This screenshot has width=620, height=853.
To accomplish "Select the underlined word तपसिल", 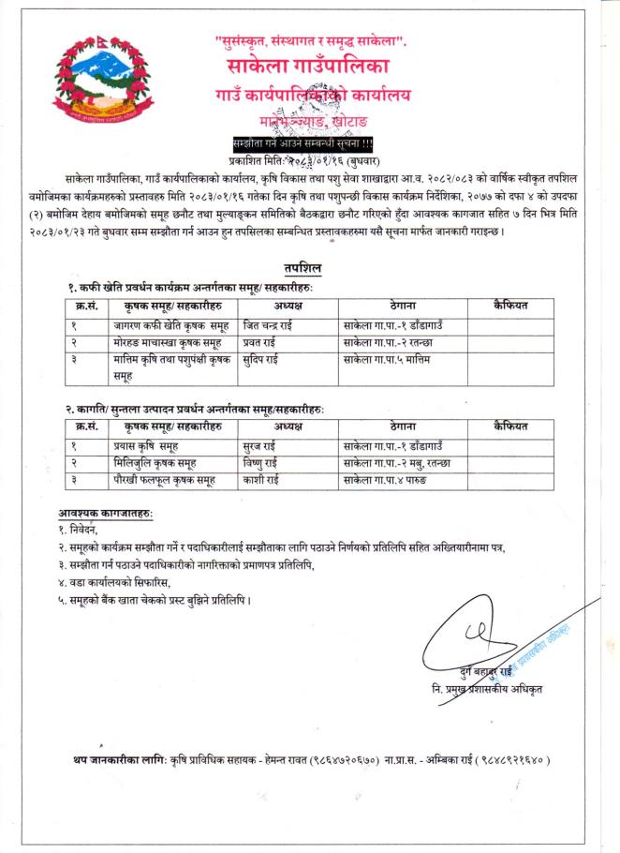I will coord(309,268).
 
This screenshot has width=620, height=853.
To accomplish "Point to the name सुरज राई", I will coord(259,445).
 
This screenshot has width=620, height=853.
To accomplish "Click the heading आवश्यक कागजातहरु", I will coord(105,515).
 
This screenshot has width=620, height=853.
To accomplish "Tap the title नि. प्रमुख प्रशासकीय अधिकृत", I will coord(481,690).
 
